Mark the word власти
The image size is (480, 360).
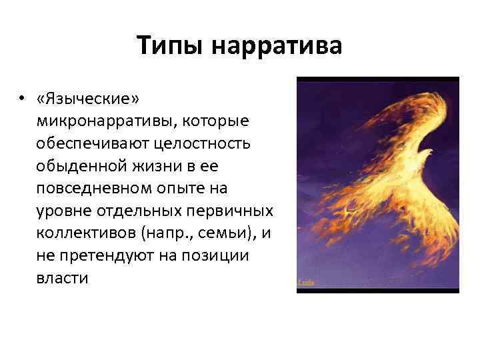[63, 278]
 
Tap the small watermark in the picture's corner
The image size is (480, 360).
[308, 282]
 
